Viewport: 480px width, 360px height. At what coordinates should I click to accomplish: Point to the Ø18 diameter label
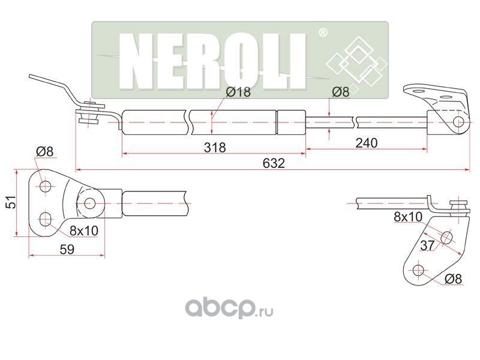[x=238, y=92]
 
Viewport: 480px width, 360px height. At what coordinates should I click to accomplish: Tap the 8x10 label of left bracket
[x=83, y=230]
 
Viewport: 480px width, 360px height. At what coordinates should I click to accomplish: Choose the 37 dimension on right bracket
[x=427, y=245]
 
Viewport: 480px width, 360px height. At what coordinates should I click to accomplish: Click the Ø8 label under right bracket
[x=455, y=278]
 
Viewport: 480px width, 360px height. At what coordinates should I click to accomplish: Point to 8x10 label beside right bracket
[x=408, y=217]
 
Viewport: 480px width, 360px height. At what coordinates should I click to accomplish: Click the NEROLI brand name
[x=214, y=59]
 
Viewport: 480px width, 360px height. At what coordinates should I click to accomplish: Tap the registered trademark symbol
[x=322, y=31]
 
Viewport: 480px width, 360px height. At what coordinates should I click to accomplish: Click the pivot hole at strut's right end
[x=458, y=122]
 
